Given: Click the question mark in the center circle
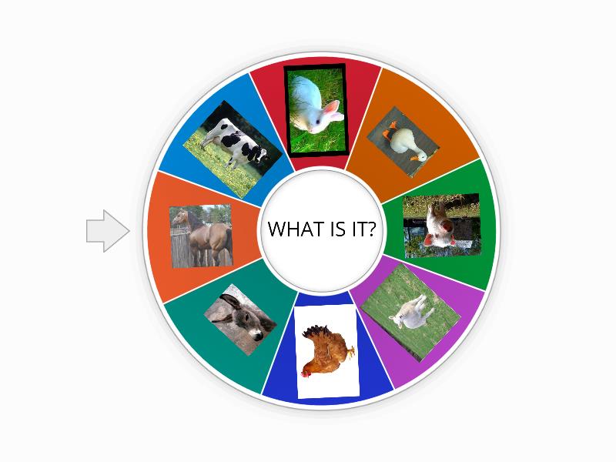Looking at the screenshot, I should pyautogui.click(x=371, y=229).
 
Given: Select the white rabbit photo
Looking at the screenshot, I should pyautogui.click(x=316, y=108).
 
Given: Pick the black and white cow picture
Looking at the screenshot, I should pyautogui.click(x=232, y=149).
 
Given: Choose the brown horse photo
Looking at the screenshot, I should pyautogui.click(x=201, y=236).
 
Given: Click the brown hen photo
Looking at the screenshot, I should pyautogui.click(x=327, y=350).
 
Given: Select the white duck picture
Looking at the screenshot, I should pyautogui.click(x=403, y=142).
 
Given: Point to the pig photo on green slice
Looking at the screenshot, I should pyautogui.click(x=441, y=226).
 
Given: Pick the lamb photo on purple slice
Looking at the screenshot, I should pyautogui.click(x=410, y=312).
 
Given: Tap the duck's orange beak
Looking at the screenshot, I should pyautogui.click(x=419, y=156).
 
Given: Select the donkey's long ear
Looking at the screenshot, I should pyautogui.click(x=229, y=298).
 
